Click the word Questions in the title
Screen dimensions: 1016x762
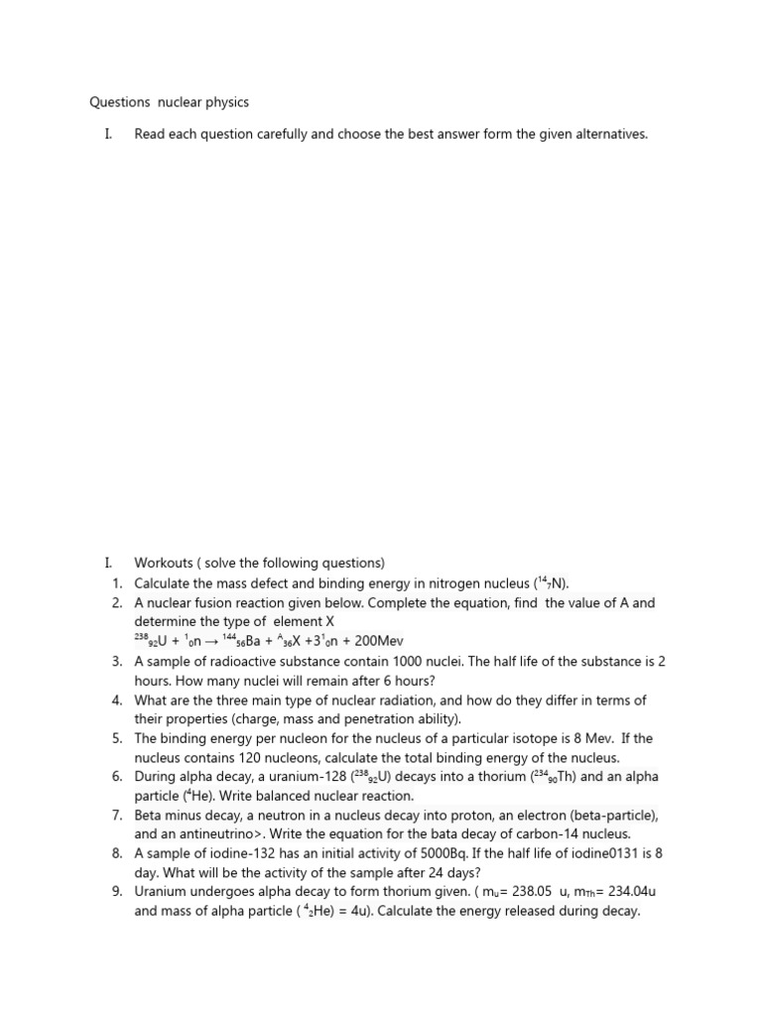pyautogui.click(x=118, y=102)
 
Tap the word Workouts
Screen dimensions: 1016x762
pyautogui.click(x=165, y=563)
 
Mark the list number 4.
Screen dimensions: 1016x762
pyautogui.click(x=116, y=699)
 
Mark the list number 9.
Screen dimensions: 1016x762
pyautogui.click(x=116, y=892)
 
